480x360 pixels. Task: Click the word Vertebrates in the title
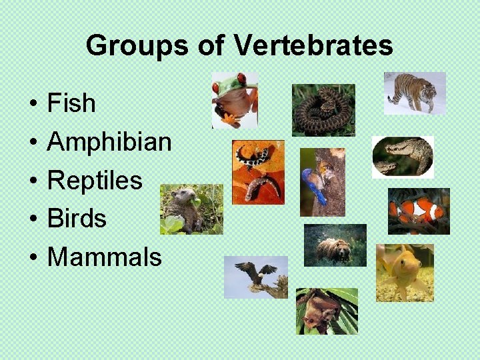[314, 45]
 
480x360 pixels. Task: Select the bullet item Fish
[72, 103]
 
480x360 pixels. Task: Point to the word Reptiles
[95, 180]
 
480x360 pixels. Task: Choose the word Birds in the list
[77, 218]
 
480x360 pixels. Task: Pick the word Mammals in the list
[105, 257]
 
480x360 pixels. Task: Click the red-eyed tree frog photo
[235, 100]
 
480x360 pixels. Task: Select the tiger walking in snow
[415, 93]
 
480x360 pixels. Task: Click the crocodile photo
[403, 157]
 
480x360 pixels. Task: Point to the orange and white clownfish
[419, 211]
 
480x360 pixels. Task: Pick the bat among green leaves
[327, 311]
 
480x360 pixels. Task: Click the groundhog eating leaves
[191, 209]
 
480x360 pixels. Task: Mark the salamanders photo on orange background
[258, 172]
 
